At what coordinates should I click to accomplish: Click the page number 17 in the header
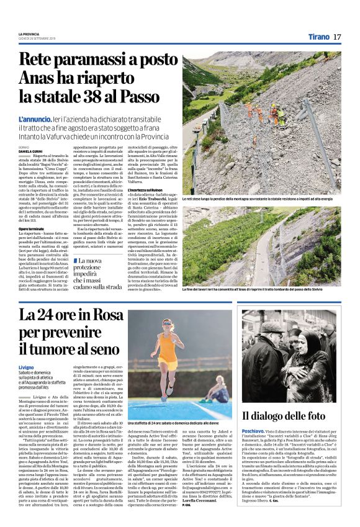338,37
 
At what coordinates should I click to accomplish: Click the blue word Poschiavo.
256,429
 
